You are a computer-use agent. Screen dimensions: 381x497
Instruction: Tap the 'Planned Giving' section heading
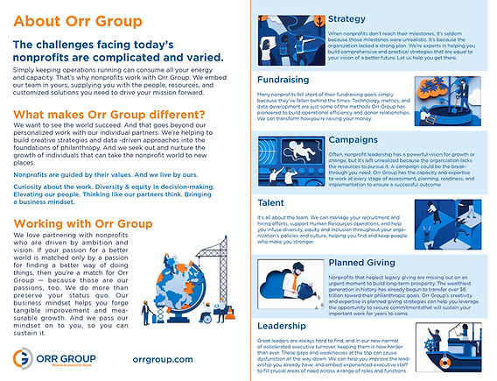click(x=367, y=262)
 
